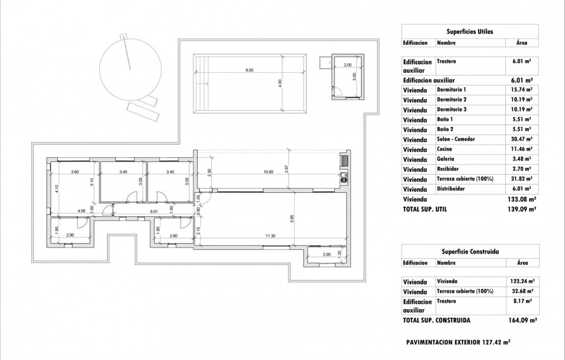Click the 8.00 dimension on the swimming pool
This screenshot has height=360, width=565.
coord(249,70)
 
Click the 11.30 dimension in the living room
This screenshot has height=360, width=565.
coord(271,236)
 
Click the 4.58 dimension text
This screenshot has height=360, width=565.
coord(81,211)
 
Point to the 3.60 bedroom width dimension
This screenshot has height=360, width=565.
coord(75,172)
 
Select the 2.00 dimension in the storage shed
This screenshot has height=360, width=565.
coord(347,65)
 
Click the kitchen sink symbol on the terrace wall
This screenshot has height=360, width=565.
coord(344,177)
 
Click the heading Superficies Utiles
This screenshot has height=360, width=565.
coord(470,32)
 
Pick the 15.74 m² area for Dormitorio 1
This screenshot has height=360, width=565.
coord(521,90)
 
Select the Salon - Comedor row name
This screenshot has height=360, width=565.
coord(456,139)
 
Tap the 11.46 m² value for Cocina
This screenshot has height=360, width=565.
coord(521,149)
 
